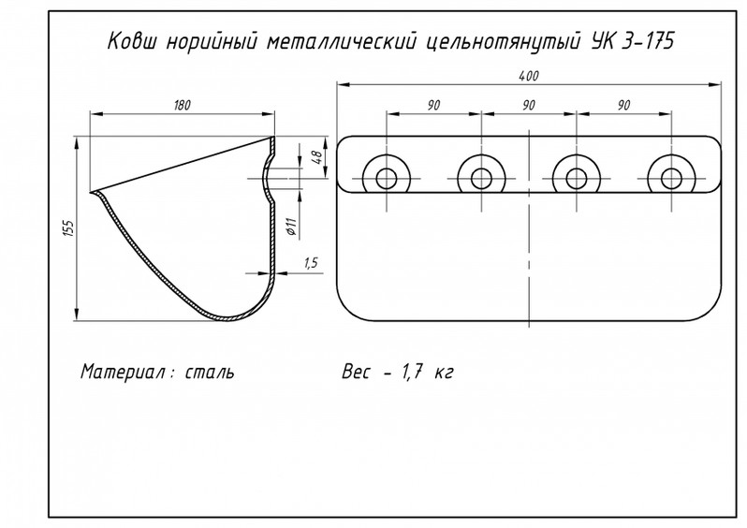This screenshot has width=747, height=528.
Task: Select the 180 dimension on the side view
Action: pyautogui.click(x=183, y=105)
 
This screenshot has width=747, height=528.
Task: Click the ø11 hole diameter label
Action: pyautogui.click(x=291, y=225)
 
